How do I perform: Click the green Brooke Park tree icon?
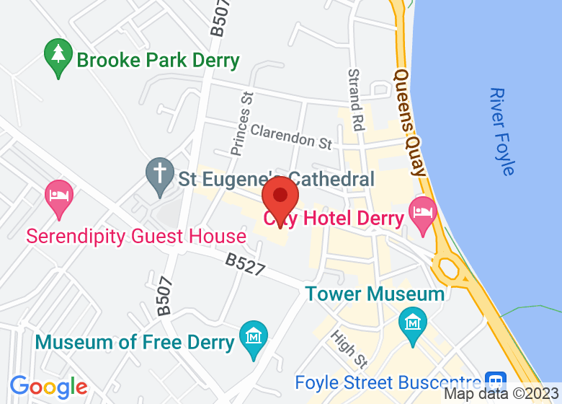click(56, 56)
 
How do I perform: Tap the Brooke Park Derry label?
click(158, 60)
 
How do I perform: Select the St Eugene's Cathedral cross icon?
click(159, 175)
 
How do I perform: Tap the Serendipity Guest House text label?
click(136, 236)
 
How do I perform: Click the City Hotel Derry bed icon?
click(422, 213)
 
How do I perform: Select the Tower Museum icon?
click(413, 320)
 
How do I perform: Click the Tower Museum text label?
click(375, 294)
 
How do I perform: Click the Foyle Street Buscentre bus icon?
click(495, 381)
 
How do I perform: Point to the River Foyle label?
click(501, 131)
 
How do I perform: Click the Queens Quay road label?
click(411, 122)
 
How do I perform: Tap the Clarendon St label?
click(291, 136)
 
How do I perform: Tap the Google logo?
click(48, 387)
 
